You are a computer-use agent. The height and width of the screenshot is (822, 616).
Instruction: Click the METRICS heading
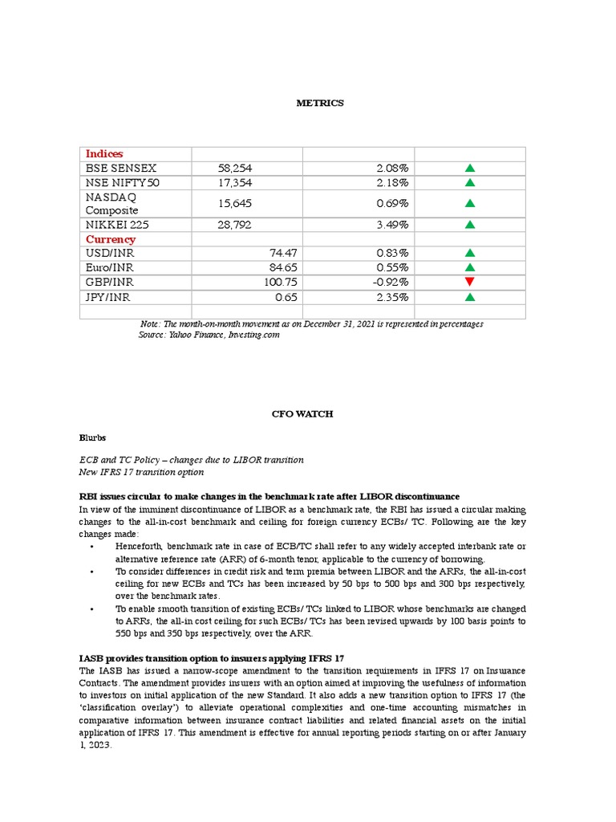[319, 103]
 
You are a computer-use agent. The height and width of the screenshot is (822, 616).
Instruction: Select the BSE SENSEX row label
[121, 169]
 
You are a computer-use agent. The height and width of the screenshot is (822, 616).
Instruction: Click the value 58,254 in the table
[234, 169]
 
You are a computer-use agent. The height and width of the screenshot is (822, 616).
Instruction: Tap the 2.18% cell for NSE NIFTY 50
[392, 183]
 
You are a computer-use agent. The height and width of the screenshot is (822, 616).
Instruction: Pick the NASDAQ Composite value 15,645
[234, 204]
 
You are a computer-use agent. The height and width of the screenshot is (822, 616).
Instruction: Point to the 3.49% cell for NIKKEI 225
[392, 225]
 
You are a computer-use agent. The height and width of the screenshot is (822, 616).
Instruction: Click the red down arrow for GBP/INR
[470, 282]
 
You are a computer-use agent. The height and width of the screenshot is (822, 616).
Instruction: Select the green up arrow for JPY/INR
[470, 297]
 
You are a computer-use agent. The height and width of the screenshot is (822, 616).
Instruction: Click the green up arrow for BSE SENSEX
[470, 169]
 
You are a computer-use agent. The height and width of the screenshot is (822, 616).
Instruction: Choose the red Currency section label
[111, 239]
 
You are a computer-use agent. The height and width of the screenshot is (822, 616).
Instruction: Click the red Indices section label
[104, 153]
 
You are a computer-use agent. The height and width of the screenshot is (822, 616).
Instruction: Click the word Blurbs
[92, 438]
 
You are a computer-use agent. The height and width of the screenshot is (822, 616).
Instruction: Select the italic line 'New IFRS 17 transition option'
[141, 472]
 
